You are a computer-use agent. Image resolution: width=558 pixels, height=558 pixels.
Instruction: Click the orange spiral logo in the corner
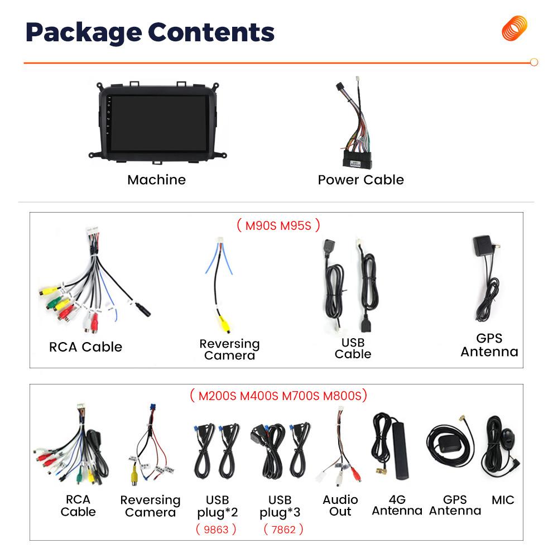coord(514,28)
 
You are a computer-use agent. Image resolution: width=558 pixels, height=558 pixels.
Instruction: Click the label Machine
coord(156,180)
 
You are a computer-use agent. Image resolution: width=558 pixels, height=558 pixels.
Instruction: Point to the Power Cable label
coord(360,180)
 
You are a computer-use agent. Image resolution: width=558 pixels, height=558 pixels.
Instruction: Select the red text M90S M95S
coord(278,225)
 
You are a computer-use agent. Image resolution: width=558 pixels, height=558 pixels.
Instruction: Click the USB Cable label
coord(353,348)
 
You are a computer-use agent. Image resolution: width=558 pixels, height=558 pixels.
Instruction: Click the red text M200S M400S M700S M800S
coord(278,396)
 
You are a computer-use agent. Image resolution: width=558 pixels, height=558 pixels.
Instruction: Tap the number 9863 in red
coord(216,529)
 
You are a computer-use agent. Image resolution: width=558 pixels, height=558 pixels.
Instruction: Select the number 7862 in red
coord(283,529)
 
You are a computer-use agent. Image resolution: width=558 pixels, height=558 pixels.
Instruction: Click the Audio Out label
coord(340,506)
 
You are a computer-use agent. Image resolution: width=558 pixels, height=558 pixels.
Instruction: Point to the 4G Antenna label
coord(397,506)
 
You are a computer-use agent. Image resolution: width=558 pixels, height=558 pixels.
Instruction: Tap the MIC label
coord(503,500)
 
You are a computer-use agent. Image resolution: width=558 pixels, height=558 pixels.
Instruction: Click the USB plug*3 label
coord(280,506)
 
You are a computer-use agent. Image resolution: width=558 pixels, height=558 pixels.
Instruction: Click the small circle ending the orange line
coord(534,62)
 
